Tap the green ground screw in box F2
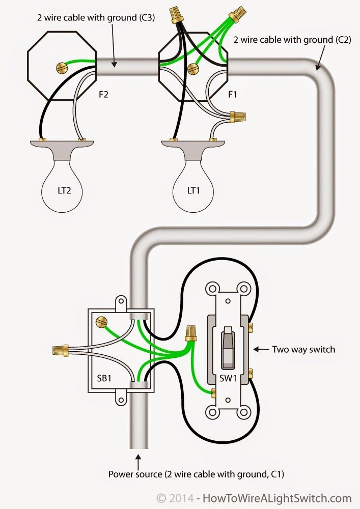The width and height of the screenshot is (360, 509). [x=62, y=66]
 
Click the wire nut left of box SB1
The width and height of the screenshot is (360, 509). [x=61, y=350]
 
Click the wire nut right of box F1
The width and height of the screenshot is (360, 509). [x=238, y=117]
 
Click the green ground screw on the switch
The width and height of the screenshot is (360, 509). [x=214, y=392]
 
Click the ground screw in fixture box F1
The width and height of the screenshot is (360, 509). [x=192, y=68]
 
